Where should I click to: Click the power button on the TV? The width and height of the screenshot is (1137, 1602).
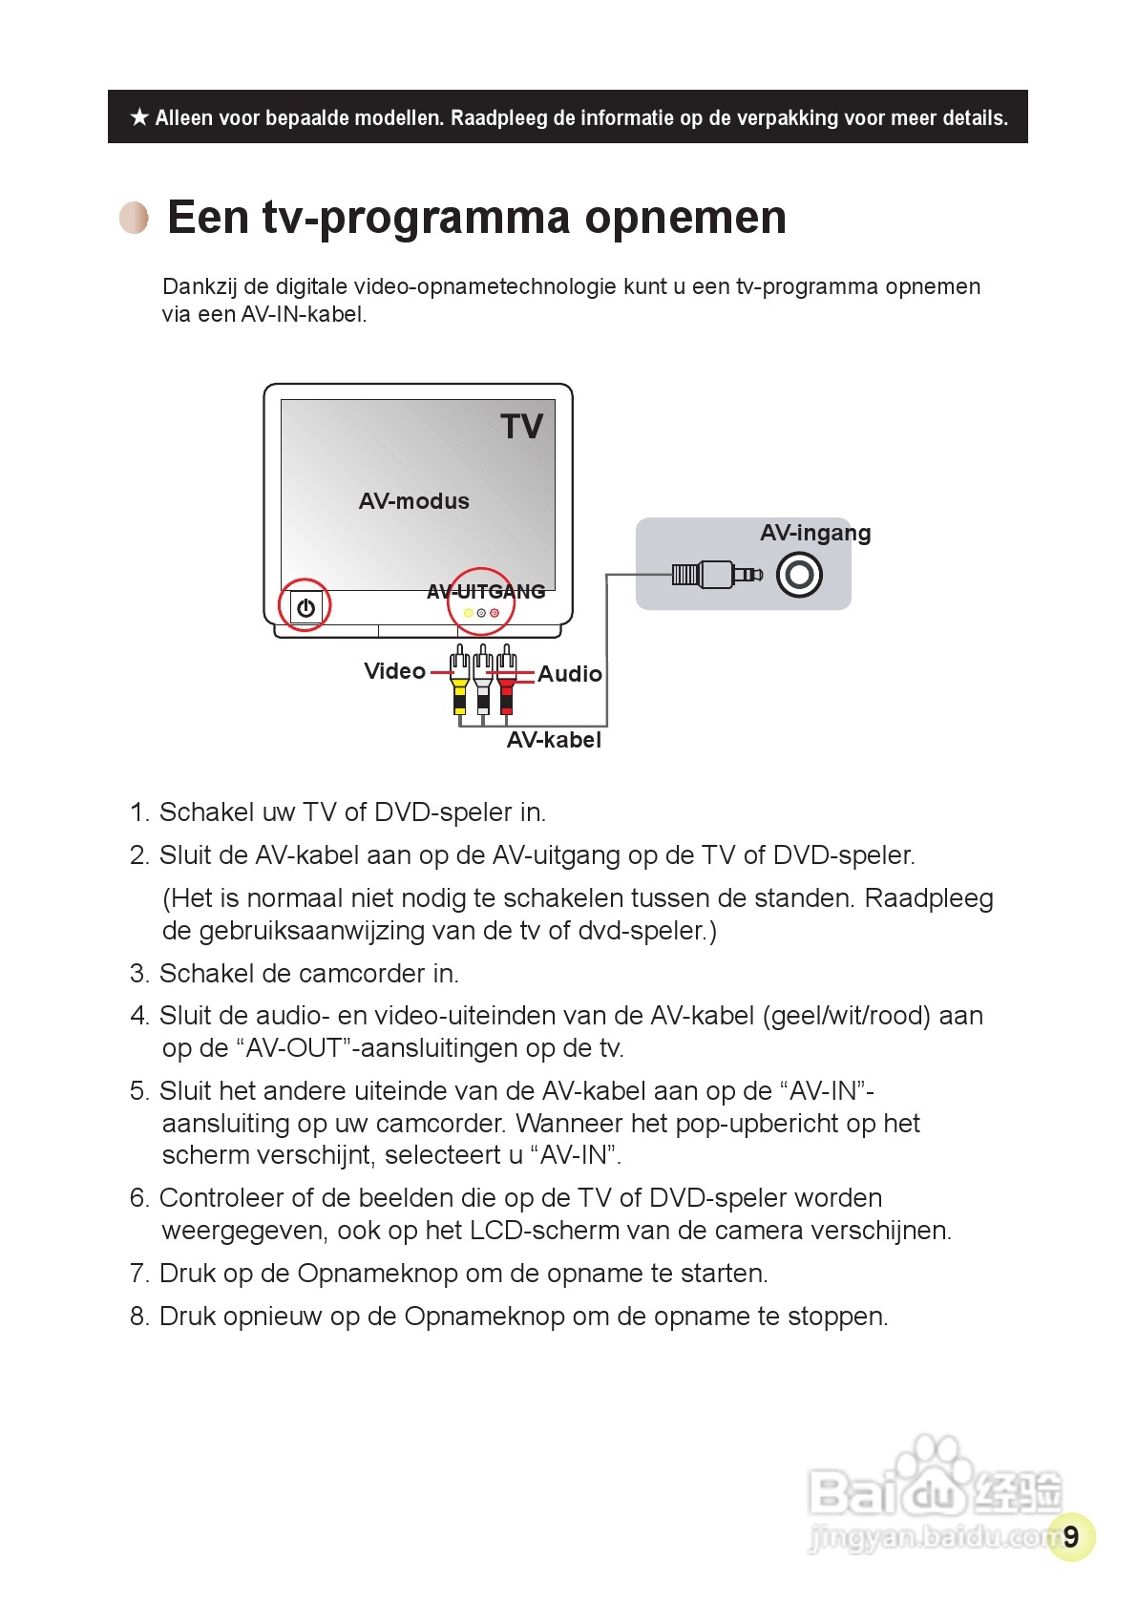pyautogui.click(x=305, y=607)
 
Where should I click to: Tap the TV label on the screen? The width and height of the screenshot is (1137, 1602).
pyautogui.click(x=521, y=427)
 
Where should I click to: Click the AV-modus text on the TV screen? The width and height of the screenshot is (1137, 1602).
pyautogui.click(x=413, y=501)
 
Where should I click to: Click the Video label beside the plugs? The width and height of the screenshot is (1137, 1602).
pyautogui.click(x=394, y=671)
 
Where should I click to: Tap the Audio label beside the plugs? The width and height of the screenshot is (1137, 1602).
pyautogui.click(x=570, y=674)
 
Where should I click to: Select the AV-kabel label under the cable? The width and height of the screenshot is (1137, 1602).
pyautogui.click(x=554, y=740)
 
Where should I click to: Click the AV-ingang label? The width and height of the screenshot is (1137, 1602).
pyautogui.click(x=815, y=533)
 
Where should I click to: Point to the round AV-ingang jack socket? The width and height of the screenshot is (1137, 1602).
pyautogui.click(x=799, y=575)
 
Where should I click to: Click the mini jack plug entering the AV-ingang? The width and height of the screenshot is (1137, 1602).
pyautogui.click(x=718, y=574)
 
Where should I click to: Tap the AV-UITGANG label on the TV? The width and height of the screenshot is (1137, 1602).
pyautogui.click(x=486, y=592)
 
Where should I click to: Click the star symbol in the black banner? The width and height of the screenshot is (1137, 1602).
pyautogui.click(x=139, y=117)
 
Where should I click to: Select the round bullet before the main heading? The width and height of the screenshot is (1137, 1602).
pyautogui.click(x=134, y=218)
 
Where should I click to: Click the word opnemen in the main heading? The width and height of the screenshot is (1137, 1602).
pyautogui.click(x=685, y=218)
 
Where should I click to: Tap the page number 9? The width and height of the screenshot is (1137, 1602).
pyautogui.click(x=1071, y=1536)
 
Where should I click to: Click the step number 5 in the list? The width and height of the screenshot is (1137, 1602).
pyautogui.click(x=139, y=1091)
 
